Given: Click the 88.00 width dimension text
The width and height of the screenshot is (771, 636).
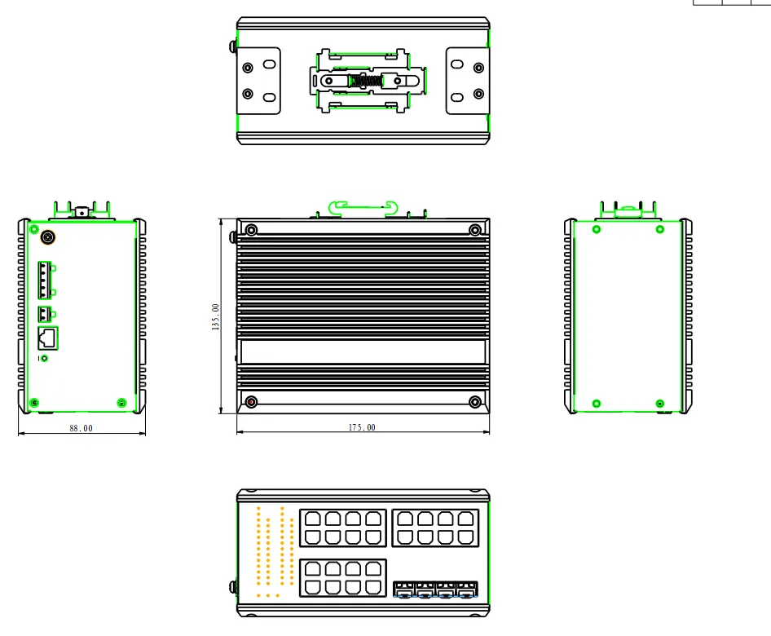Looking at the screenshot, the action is click(x=82, y=428).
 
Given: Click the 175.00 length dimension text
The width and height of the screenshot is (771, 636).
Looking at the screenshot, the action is click(x=362, y=427).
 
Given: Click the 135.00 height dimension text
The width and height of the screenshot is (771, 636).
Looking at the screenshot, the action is click(x=215, y=316).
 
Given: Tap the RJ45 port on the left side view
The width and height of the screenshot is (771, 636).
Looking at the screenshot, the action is click(x=48, y=338).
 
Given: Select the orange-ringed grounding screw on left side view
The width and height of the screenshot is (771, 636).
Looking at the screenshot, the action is click(x=47, y=237).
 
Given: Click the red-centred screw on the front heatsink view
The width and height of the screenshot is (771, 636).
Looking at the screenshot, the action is click(x=251, y=402).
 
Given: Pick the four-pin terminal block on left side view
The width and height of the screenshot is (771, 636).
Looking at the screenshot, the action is click(x=46, y=280).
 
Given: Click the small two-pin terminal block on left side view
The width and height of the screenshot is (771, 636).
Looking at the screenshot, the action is click(x=46, y=314).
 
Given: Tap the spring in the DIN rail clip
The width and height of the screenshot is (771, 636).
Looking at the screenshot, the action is click(x=365, y=81).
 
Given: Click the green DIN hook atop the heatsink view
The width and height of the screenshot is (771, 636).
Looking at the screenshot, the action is click(x=363, y=208).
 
